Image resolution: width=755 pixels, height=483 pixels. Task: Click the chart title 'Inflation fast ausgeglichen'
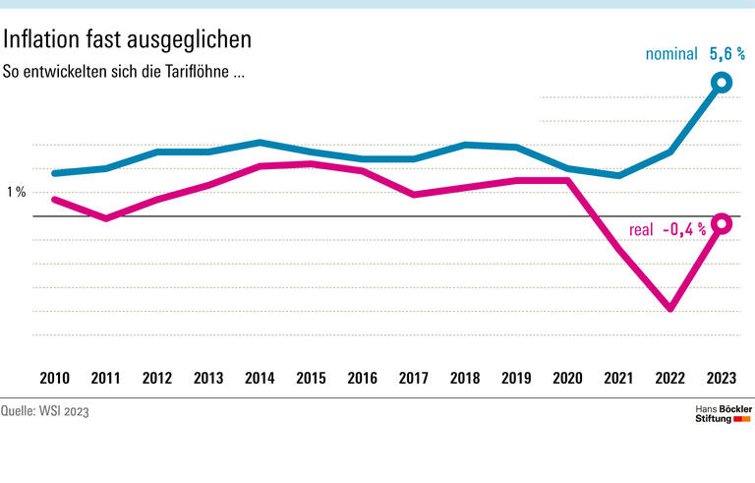[128, 39]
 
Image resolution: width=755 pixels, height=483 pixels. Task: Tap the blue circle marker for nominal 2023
[722, 83]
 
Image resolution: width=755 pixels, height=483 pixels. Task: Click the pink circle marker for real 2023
[722, 224]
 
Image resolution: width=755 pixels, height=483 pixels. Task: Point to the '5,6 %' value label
[726, 54]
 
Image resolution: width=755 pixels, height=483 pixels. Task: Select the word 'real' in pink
[641, 230]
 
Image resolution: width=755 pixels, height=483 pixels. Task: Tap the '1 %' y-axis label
[17, 192]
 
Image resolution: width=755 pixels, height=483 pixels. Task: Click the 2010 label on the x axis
[55, 378]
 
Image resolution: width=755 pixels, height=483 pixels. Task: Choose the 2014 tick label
[260, 378]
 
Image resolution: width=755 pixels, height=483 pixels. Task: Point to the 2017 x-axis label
[414, 378]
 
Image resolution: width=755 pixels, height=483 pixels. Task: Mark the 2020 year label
[567, 378]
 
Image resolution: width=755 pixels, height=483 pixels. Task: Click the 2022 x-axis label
[670, 378]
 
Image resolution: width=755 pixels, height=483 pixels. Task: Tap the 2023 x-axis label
[722, 378]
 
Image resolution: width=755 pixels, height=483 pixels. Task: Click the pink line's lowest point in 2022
[670, 308]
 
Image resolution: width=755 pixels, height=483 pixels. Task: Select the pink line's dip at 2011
[106, 217]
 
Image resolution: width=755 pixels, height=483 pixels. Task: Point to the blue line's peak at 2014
[260, 142]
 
